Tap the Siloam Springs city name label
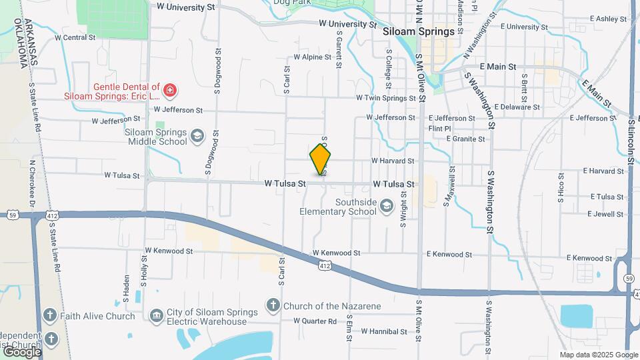tap(419, 31)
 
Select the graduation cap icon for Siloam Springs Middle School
tap(197, 137)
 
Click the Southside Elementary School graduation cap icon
tap(386, 207)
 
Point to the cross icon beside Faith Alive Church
tap(50, 315)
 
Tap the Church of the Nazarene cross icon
tap(273, 306)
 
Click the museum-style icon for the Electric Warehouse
tap(156, 315)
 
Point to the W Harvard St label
tap(393, 161)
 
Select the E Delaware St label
tap(517, 107)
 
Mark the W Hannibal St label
tap(383, 331)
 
